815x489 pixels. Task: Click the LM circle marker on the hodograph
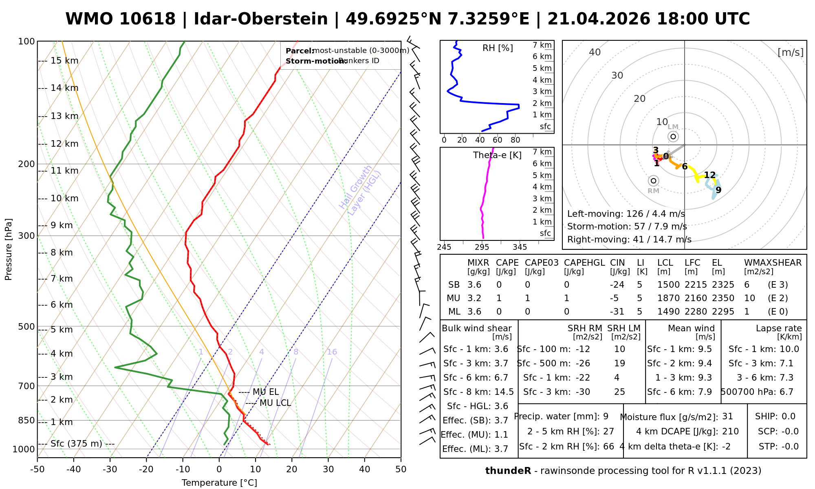pyautogui.click(x=673, y=137)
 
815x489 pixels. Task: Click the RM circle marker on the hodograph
pyautogui.click(x=654, y=181)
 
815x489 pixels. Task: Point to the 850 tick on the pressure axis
pyautogui.click(x=26, y=421)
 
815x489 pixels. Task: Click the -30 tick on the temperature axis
pyautogui.click(x=110, y=469)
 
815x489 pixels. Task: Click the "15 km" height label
pyautogui.click(x=64, y=61)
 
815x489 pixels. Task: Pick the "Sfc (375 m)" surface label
pyautogui.click(x=76, y=443)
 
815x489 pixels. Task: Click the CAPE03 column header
pyautogui.click(x=542, y=263)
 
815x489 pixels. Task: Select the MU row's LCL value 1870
pyautogui.click(x=668, y=298)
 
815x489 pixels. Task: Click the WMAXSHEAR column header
pyautogui.click(x=773, y=263)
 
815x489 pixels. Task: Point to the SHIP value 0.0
pyautogui.click(x=789, y=416)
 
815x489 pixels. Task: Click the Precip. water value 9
pyautogui.click(x=606, y=416)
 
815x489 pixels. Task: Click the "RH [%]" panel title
pyautogui.click(x=498, y=48)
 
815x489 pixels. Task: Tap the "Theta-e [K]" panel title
pyautogui.click(x=497, y=155)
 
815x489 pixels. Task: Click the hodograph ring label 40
pyautogui.click(x=595, y=52)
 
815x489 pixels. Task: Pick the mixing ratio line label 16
pyautogui.click(x=332, y=352)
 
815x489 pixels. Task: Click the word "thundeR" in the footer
pyautogui.click(x=508, y=471)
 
